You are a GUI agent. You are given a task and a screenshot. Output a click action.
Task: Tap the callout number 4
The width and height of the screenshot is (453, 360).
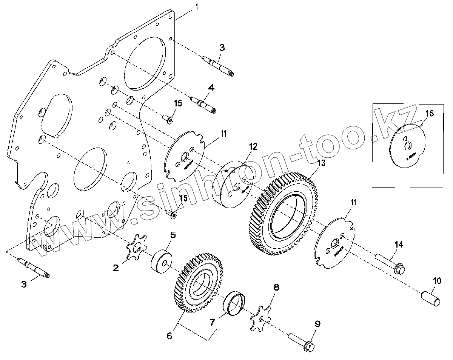tap(211, 88)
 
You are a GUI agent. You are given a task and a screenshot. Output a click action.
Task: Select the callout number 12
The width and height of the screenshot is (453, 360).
tap(253, 147)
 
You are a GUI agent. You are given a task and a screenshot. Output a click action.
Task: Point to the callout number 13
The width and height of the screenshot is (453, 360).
tap(321, 163)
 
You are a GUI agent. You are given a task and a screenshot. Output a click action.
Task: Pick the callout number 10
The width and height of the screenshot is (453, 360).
tap(436, 280)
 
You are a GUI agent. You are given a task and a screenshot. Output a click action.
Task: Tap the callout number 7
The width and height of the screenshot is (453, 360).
tap(213, 322)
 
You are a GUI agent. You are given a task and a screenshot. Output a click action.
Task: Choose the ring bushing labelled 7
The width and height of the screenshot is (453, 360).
tap(234, 302)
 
